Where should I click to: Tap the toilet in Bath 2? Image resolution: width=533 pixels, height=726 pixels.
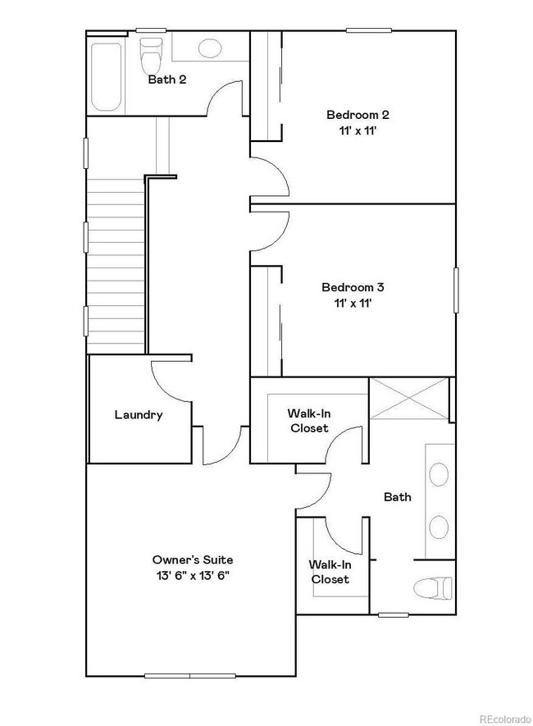coord(151,55)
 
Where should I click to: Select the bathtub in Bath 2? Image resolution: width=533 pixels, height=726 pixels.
coord(106,75)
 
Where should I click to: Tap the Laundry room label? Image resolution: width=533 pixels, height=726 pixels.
coord(138,415)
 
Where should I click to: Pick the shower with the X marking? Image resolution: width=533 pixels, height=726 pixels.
coord(408,398)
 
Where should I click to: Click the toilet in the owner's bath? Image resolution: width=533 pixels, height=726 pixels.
coord(433,587)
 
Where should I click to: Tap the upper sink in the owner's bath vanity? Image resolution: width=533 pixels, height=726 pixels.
coord(440,474)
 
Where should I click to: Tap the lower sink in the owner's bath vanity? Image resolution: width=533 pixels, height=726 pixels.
coord(440,527)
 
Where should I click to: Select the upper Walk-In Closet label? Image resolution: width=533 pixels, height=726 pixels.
coord(308,421)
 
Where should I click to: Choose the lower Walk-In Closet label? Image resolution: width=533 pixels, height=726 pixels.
coord(328,572)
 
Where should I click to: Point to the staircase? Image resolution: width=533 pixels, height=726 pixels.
coord(116,267)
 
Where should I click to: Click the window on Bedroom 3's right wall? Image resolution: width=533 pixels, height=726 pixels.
coord(455,290)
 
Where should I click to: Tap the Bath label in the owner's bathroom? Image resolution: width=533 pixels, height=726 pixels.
coord(398,497)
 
